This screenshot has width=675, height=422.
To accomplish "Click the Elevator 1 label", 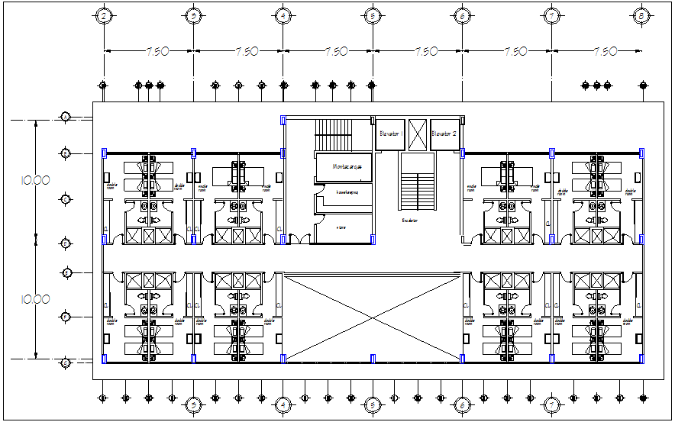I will (390, 134).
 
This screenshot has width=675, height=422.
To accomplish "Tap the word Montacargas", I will (344, 166).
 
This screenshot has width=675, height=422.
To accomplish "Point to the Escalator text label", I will (410, 221).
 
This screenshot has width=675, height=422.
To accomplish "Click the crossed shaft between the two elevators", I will (417, 134).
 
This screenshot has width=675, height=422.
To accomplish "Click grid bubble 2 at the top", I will (105, 15).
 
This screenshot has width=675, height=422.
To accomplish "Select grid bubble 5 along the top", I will (372, 15).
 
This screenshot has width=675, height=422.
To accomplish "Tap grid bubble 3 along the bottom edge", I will (194, 404).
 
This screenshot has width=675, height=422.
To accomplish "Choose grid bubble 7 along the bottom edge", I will (551, 404).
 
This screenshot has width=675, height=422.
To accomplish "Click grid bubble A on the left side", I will (66, 116).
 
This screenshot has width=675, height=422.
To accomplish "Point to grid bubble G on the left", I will (66, 362).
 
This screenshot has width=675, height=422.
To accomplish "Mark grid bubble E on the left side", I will (66, 272).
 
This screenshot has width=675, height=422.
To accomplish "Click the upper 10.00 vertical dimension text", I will (36, 181).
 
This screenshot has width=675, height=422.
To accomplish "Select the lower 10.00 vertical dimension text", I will (36, 300).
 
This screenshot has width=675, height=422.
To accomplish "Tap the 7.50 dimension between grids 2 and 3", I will (157, 52).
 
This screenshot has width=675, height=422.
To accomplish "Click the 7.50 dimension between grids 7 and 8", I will (604, 52).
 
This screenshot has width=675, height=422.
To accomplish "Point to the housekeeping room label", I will (344, 192).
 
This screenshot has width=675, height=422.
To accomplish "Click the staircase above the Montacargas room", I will (332, 135).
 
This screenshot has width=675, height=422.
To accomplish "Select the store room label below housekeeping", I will (341, 227).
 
